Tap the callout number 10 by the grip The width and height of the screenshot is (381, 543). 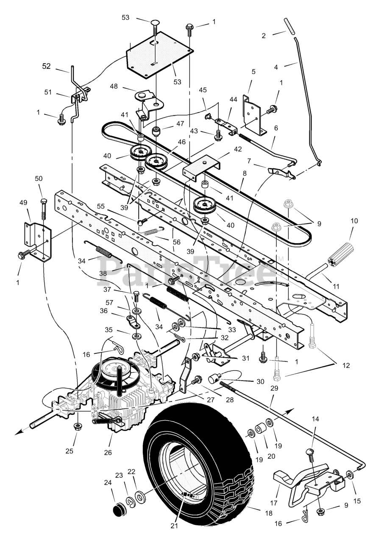[354, 221]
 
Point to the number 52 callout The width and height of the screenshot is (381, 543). [47, 66]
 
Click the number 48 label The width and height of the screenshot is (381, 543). [114, 86]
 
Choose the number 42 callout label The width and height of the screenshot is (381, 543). [238, 149]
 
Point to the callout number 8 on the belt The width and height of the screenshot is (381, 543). [245, 173]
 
